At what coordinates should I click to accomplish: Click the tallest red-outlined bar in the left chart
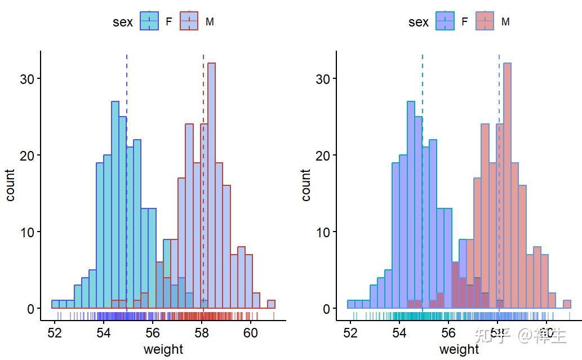pos(211,186)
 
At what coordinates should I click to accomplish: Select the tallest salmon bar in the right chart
pos(507,186)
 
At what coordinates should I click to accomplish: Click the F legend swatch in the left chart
pos(149,21)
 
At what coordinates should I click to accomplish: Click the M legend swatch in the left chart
pos(189,21)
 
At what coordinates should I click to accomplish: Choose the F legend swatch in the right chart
pos(445,21)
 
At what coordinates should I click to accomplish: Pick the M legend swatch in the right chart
pos(485,21)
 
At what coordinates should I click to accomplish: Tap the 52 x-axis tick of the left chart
pos(55,332)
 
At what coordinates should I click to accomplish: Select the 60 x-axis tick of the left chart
pos(251,332)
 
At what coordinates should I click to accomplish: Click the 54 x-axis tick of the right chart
pos(399,332)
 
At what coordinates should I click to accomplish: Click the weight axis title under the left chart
pos(163,349)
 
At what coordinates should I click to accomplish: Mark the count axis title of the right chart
pos(306,185)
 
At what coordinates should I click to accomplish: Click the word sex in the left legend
pos(123,22)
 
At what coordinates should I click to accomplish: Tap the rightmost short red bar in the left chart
pos(271,305)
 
